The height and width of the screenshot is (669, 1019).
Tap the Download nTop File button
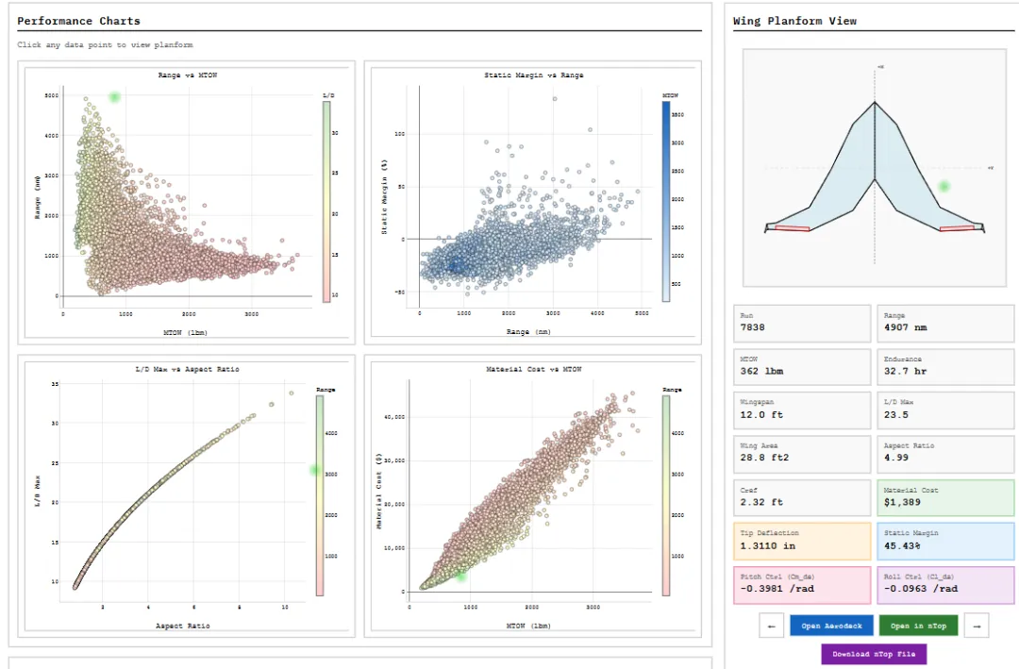pos(874,654)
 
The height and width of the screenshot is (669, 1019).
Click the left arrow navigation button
pos(771,626)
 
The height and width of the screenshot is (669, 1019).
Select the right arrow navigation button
pos(977,626)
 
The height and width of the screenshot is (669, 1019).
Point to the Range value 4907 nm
pos(907,328)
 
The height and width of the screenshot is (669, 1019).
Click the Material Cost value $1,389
pos(901,503)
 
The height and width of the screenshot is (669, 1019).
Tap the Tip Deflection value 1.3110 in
pos(769,546)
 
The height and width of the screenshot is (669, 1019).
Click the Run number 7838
pos(753,328)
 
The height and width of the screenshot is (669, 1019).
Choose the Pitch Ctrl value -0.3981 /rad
pos(776,589)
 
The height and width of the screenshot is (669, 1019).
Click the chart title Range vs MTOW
pos(189,75)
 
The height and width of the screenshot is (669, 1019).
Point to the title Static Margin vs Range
pos(533,75)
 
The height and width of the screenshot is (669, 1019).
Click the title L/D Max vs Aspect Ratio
pos(189,369)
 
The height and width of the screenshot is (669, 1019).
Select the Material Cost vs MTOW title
pos(533,369)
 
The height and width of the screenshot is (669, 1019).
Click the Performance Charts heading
pos(78,21)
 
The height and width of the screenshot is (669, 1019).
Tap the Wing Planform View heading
pos(794,21)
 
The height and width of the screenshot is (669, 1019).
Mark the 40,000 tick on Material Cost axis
pos(392,416)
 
